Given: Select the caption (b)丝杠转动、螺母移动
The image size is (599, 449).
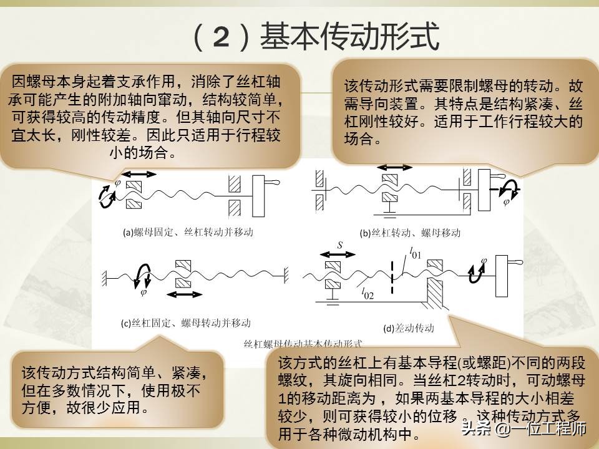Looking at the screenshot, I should click(x=410, y=233).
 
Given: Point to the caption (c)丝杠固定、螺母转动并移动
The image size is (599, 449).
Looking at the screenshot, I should click(x=185, y=323).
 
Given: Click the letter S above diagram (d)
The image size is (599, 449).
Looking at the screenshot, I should click(x=340, y=246).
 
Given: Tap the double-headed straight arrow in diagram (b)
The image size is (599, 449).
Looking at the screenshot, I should click(x=396, y=168).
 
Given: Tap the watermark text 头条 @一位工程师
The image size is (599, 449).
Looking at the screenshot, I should click(x=523, y=429).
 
